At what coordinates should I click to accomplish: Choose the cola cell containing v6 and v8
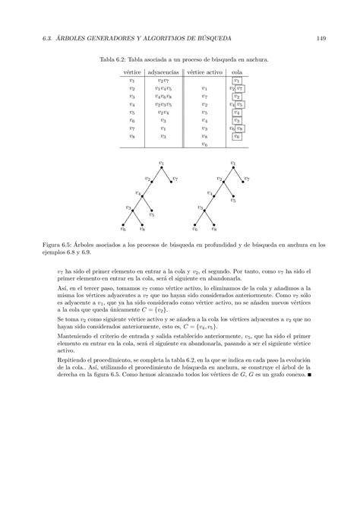pyautogui.click(x=238, y=128)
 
